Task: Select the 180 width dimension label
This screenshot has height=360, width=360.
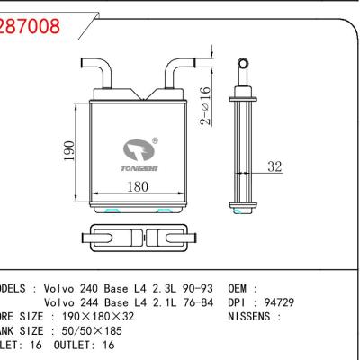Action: coord(137,188)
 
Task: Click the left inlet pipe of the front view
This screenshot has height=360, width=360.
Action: coord(104,71)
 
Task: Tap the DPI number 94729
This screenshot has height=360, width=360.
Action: coord(274,302)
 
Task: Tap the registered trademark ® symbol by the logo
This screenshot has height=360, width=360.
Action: coord(155,140)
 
